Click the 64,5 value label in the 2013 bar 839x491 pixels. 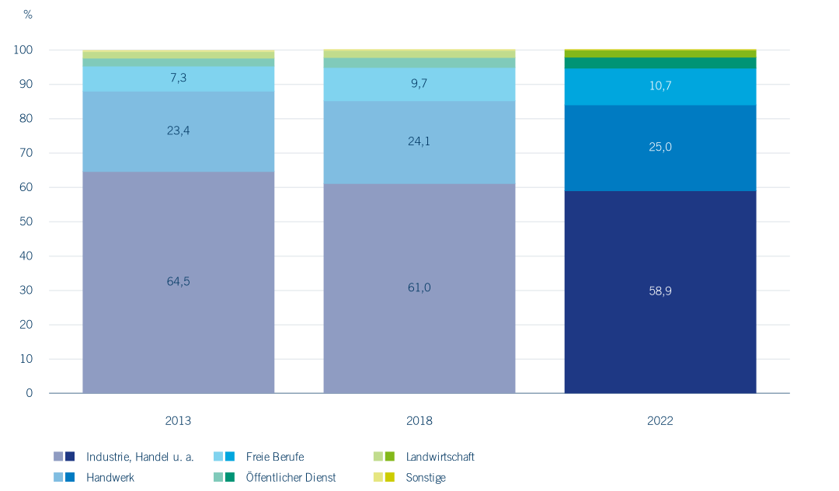(x=178, y=281)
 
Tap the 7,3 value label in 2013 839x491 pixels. (x=178, y=79)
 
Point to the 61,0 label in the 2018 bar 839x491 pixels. (x=419, y=287)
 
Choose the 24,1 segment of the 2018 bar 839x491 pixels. (x=419, y=141)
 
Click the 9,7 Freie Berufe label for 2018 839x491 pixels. (x=419, y=83)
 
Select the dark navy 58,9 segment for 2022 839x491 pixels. (x=660, y=291)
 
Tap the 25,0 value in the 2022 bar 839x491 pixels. (x=660, y=147)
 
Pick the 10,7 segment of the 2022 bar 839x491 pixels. (x=660, y=85)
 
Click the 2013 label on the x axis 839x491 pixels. (x=178, y=421)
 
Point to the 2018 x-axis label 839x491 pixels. (x=419, y=421)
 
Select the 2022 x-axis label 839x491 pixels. (x=660, y=421)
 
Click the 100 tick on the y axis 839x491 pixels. (x=23, y=50)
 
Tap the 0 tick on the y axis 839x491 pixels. (x=30, y=393)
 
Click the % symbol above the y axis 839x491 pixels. (x=28, y=15)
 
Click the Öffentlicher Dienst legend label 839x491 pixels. (x=291, y=478)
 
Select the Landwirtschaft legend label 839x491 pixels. (x=440, y=457)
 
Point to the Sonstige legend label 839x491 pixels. (x=426, y=478)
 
